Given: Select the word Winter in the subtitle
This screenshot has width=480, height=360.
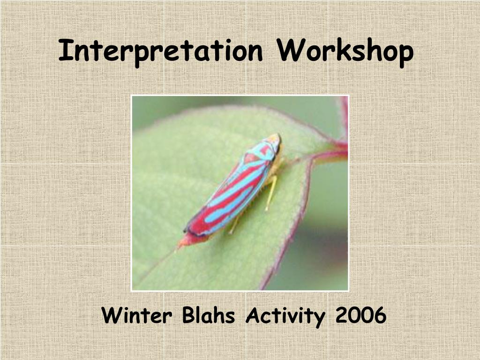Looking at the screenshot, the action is (136, 315).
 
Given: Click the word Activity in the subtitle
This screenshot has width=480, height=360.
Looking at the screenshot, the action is (285, 316).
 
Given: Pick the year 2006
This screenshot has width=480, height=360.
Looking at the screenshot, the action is (360, 315).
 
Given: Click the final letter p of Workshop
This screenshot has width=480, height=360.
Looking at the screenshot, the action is (405, 55).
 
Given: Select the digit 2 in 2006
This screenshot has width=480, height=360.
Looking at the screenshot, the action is (342, 315).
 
